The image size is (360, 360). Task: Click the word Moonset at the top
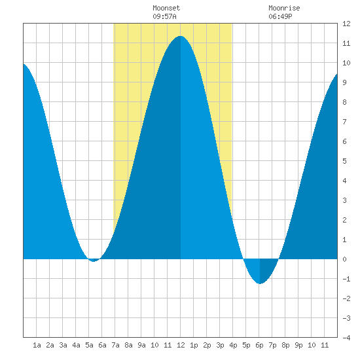click(x=166, y=8)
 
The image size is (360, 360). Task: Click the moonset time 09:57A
click(x=164, y=16)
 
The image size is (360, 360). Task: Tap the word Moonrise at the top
click(x=284, y=8)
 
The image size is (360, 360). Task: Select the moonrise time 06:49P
click(x=280, y=16)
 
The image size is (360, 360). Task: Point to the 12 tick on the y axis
click(x=346, y=24)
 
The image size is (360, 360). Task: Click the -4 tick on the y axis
click(x=346, y=338)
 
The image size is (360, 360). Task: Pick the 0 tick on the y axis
click(x=344, y=259)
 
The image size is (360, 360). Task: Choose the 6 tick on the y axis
click(x=344, y=141)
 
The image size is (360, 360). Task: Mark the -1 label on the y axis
click(x=346, y=279)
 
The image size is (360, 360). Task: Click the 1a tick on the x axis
click(x=37, y=345)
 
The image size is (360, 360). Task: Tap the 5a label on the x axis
click(x=89, y=345)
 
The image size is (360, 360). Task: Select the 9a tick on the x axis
click(x=141, y=345)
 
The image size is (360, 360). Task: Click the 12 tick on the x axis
click(x=181, y=345)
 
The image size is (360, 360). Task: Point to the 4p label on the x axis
click(x=233, y=345)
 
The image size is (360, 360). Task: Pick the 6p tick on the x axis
click(x=259, y=345)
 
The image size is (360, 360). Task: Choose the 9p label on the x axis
click(x=298, y=345)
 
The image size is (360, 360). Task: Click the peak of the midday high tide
click(x=181, y=36)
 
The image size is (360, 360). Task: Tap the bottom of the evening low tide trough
click(x=260, y=283)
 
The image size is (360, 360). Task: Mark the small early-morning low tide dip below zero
click(x=94, y=261)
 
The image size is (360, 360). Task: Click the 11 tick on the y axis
click(x=346, y=43)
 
